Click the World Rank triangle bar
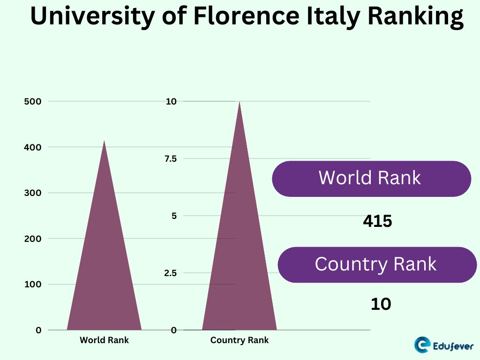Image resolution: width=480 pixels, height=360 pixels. (x=104, y=272)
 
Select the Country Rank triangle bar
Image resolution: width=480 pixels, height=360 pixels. (x=239, y=262)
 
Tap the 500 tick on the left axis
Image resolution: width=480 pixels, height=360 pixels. (x=32, y=101)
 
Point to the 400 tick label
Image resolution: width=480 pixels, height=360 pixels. (x=32, y=147)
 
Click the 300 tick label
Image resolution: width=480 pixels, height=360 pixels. (x=32, y=193)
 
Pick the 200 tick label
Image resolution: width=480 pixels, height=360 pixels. (x=32, y=239)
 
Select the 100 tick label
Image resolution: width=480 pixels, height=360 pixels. (x=32, y=284)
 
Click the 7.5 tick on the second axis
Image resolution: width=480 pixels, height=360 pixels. (x=170, y=158)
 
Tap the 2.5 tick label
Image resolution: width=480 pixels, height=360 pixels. (x=170, y=273)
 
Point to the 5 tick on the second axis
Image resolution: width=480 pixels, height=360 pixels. (x=173, y=216)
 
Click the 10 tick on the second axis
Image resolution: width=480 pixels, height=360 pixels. (x=171, y=101)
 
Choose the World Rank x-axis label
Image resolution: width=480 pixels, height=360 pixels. (x=104, y=340)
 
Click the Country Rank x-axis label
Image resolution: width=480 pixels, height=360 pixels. (x=240, y=340)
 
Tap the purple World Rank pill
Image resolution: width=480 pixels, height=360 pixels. (x=371, y=179)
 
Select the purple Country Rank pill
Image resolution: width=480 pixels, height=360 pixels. (x=377, y=264)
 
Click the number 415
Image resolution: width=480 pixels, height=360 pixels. (x=377, y=221)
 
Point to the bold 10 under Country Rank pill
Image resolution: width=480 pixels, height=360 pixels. (x=381, y=304)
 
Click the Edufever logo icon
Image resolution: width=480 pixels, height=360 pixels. (x=423, y=345)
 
